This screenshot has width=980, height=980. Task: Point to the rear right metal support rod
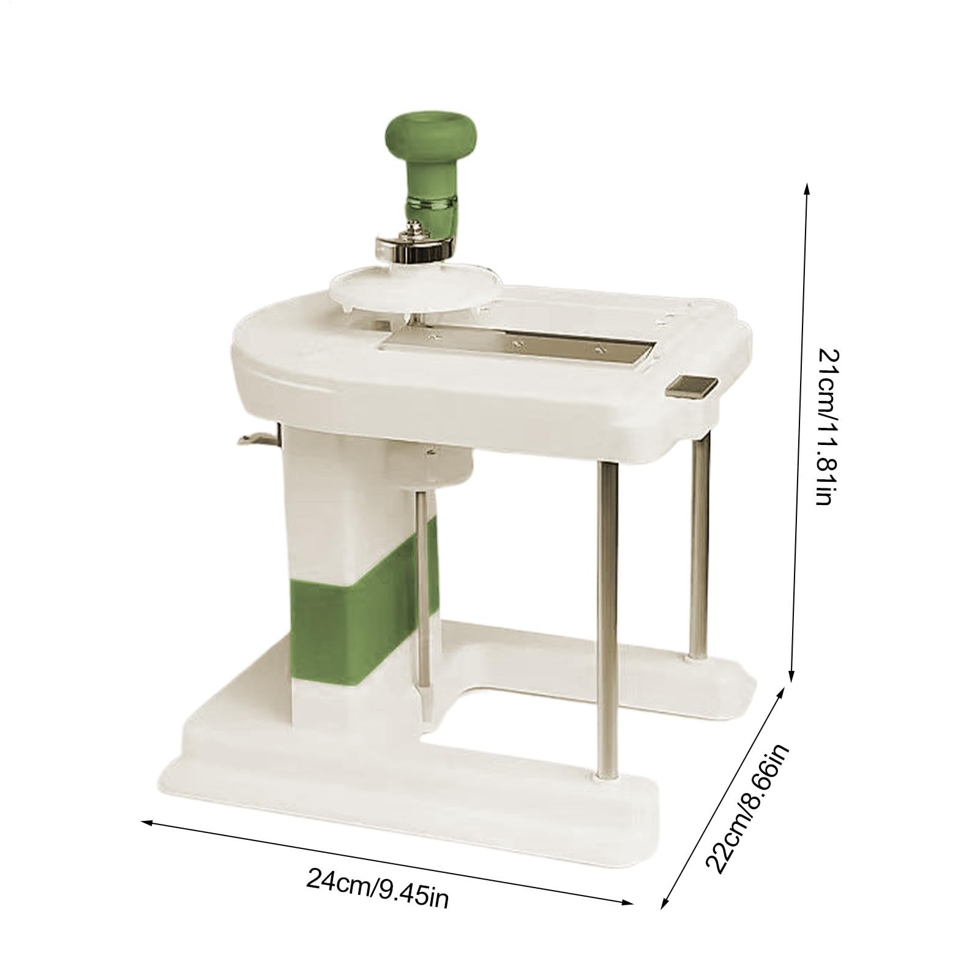697,545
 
